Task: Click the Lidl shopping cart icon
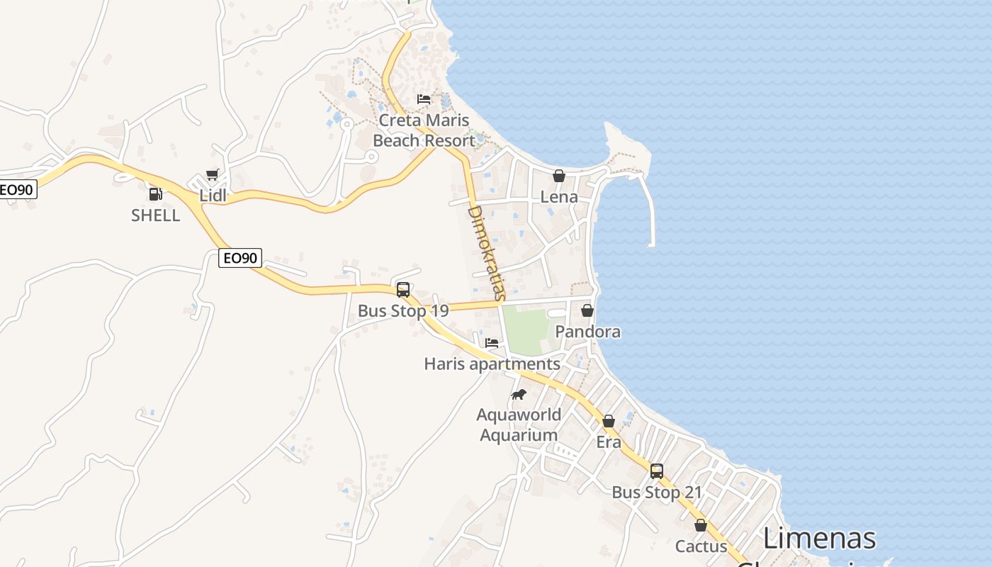pos(211,175)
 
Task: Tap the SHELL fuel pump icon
pos(155,193)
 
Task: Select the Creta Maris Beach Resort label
pos(424,130)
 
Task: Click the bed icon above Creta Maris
pos(424,99)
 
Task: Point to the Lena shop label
pos(559,197)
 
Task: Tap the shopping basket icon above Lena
pos(559,176)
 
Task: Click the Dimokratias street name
pos(486,252)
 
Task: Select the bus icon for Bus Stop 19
pos(403,289)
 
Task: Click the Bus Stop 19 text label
pos(403,311)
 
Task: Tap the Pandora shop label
pos(587,332)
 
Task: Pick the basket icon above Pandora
pos(587,310)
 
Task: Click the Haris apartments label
pos(492,364)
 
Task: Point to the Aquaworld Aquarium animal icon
pos(519,394)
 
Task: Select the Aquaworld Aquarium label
pos(519,425)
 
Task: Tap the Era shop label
pos(609,442)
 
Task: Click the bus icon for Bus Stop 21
pos(657,471)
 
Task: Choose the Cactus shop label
pos(701,546)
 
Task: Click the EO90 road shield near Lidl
pos(240,258)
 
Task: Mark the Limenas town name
pos(819,539)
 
